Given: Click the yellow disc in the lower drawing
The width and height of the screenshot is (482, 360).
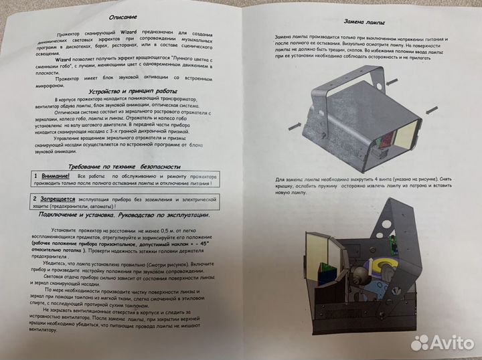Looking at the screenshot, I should tap(390, 267).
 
